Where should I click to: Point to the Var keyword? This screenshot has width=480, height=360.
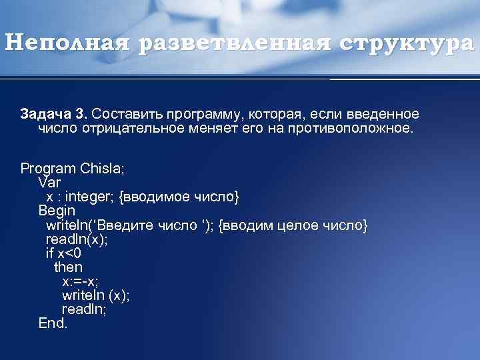pos(49,182)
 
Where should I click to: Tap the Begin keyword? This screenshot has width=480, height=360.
pos(57,211)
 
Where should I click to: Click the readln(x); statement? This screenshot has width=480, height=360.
pos(77,239)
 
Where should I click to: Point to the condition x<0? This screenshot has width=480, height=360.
pos(69,253)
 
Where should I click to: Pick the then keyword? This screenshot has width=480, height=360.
pos(68,267)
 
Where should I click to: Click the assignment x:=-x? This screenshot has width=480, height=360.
pos(80,281)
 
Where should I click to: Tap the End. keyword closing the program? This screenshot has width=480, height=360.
pos(53,323)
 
